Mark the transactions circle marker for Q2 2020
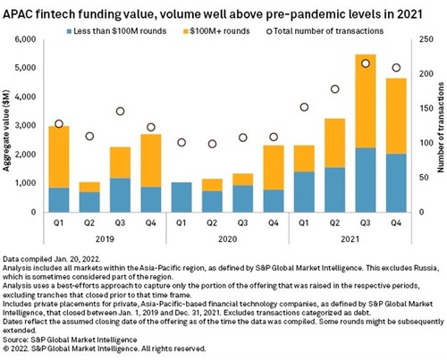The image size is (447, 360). (x=212, y=144)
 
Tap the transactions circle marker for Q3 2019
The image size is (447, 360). (x=120, y=112)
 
